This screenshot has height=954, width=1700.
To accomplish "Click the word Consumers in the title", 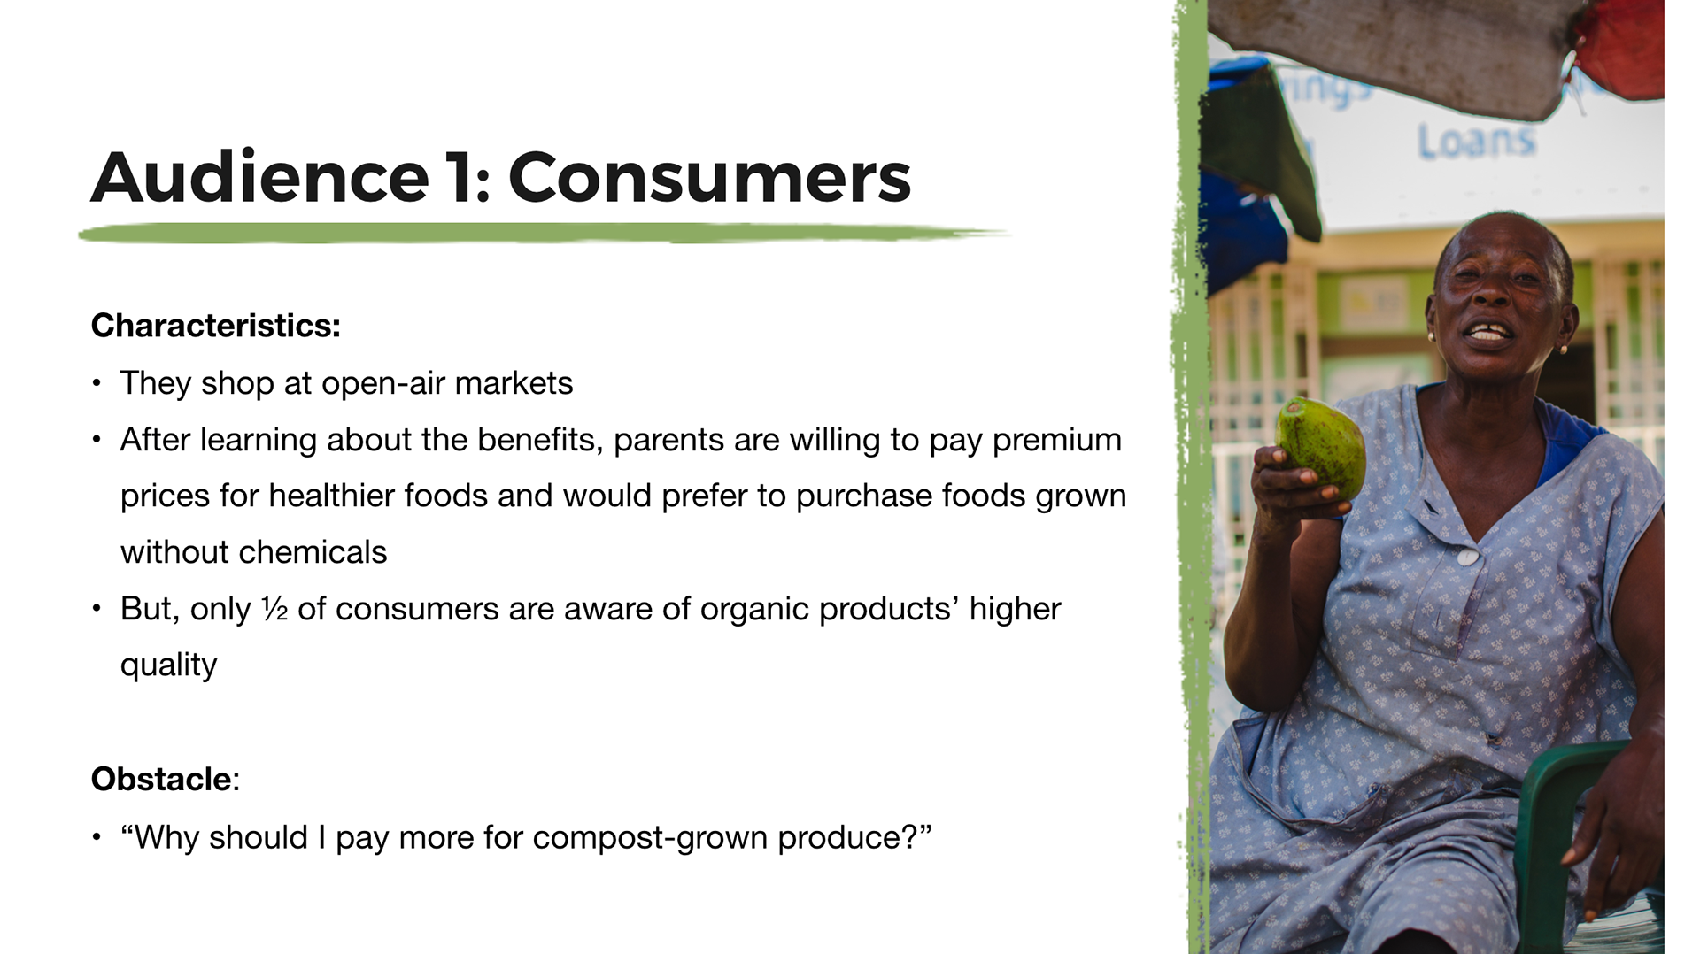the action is click(x=709, y=177).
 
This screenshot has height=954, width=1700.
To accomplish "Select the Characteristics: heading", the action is click(x=216, y=326).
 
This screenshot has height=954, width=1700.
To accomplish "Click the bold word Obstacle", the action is click(x=161, y=780).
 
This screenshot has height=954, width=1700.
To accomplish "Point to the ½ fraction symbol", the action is click(x=274, y=609).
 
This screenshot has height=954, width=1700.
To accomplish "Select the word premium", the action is click(x=1057, y=441).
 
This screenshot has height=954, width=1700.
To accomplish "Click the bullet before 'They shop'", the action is click(x=97, y=384).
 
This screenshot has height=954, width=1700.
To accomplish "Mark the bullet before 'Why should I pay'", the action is click(x=97, y=838).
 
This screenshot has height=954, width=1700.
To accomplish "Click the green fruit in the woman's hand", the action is click(x=1320, y=448).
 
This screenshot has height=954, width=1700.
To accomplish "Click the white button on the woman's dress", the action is click(x=1467, y=557).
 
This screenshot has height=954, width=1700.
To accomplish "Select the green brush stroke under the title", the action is click(x=542, y=234).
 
